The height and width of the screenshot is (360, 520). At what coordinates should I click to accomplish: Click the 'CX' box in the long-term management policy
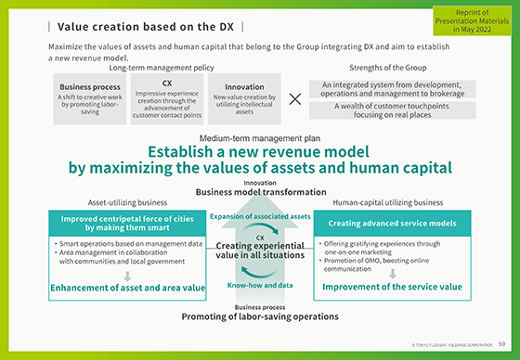(167, 96)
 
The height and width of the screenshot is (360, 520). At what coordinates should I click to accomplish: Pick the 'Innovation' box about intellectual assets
(244, 96)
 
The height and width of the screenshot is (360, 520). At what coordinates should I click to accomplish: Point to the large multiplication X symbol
(295, 99)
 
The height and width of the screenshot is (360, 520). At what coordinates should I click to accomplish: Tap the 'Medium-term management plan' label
(260, 137)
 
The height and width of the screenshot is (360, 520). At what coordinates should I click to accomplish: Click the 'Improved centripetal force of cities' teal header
(127, 222)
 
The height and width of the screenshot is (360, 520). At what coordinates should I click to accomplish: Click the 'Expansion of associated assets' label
(259, 215)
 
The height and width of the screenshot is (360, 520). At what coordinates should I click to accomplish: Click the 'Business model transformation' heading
(260, 192)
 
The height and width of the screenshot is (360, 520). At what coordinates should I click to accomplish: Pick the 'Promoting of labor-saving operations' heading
(260, 316)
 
